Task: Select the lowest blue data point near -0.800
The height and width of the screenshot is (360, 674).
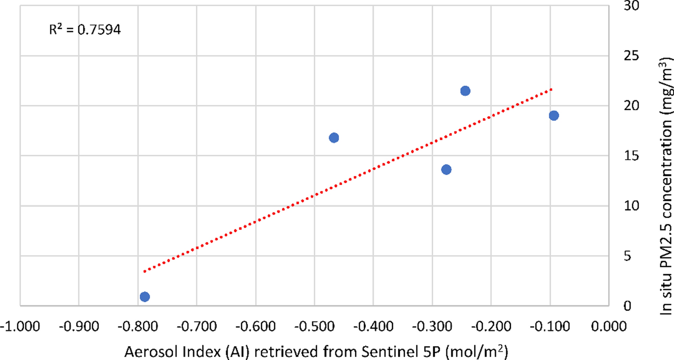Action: (144, 297)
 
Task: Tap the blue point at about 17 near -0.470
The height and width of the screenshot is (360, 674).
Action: (334, 138)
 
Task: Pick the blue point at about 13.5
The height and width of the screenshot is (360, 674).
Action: (446, 169)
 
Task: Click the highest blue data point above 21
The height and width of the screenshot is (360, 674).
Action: (465, 91)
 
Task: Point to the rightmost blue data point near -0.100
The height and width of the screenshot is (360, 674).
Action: (553, 116)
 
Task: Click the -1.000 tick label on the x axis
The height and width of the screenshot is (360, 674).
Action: (19, 327)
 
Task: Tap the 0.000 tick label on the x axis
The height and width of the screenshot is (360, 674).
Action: (610, 327)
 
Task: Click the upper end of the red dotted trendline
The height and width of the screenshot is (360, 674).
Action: (551, 89)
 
